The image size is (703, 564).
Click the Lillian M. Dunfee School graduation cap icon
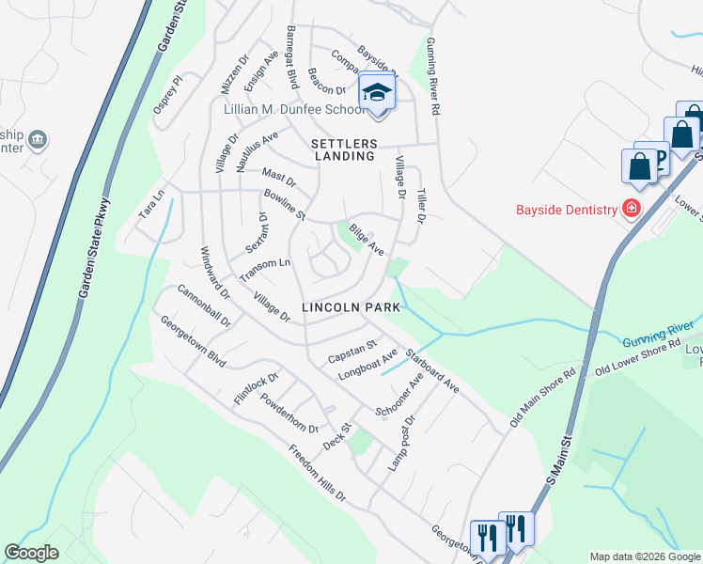click(377, 92)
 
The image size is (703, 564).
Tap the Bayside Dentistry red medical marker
click(633, 208)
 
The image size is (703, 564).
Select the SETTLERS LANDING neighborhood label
click(344, 149)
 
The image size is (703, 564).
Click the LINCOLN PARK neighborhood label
click(351, 307)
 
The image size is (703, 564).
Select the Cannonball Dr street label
click(203, 306)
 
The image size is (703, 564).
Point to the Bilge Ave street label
click(367, 240)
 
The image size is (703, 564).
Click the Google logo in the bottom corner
click(32, 553)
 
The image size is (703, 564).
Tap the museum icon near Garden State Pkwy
click(39, 140)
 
